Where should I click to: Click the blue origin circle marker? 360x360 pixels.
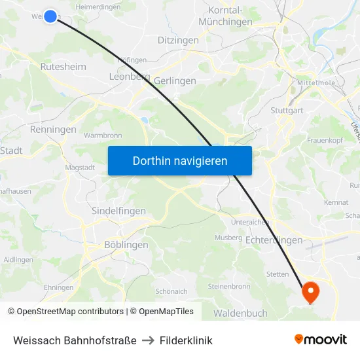click(50, 16)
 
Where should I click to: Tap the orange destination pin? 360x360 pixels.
click(310, 291)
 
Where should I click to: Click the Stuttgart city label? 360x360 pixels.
click(287, 111)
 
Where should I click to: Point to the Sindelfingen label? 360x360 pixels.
click(118, 211)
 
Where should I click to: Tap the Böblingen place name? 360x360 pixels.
click(126, 245)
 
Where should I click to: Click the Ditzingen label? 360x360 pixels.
click(178, 41)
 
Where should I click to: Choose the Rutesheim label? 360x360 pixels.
click(63, 67)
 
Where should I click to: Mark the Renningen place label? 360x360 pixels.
click(54, 130)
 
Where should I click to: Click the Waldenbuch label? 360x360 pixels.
click(240, 314)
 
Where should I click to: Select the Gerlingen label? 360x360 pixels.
click(175, 81)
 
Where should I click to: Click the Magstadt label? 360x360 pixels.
click(80, 168)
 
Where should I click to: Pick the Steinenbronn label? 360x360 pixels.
click(229, 287)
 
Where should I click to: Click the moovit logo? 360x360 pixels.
click(321, 340)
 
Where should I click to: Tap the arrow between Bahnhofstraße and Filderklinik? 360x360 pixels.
click(148, 340)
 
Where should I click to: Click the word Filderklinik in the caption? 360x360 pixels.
click(187, 340)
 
